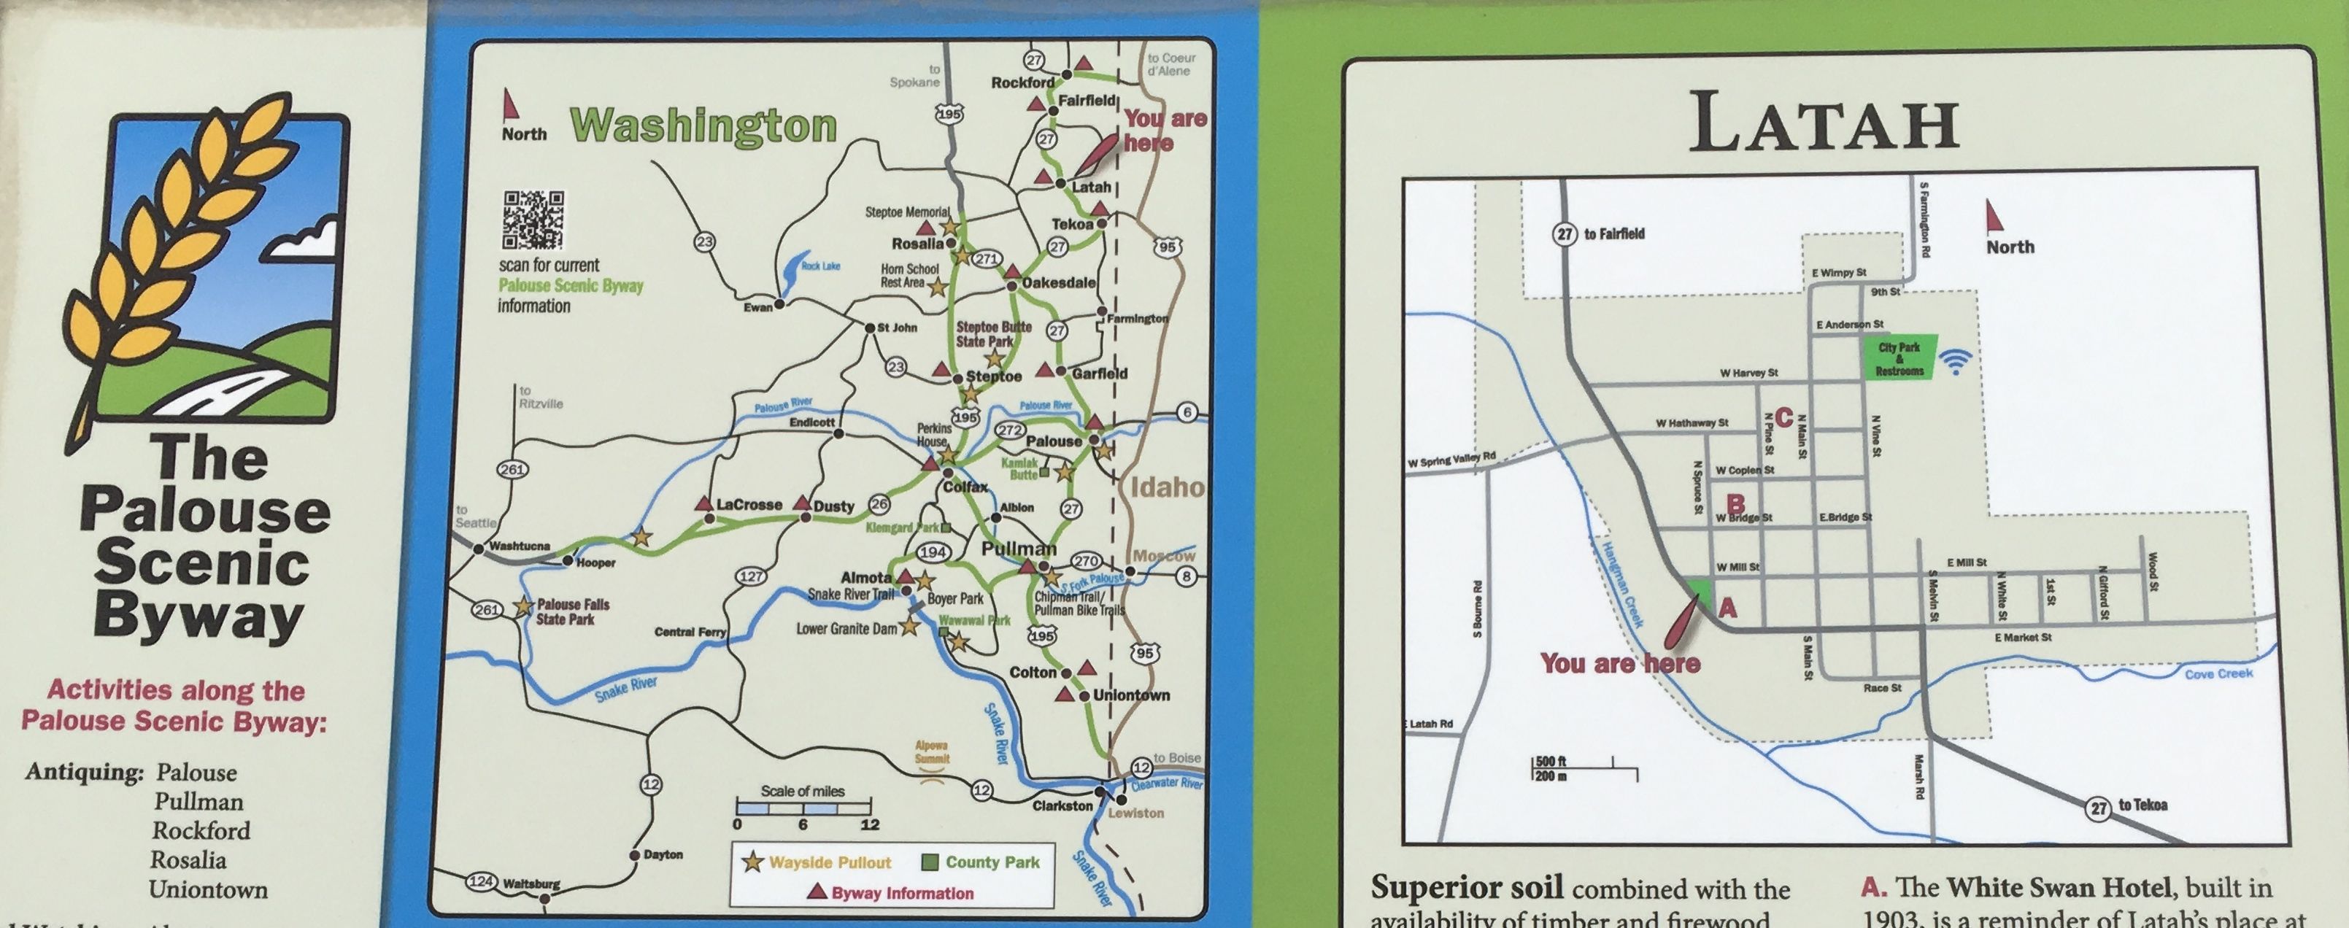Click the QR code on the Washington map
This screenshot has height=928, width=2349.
coord(533,220)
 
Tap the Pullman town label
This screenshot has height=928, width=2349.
coord(1018,549)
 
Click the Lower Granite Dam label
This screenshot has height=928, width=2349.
coord(846,629)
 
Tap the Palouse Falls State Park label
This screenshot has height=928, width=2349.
coord(572,611)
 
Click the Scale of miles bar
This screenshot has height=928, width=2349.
coord(803,807)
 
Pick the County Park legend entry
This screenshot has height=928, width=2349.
coord(981,862)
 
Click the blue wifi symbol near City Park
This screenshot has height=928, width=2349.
coord(1955,362)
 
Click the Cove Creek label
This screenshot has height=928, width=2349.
coord(2218,673)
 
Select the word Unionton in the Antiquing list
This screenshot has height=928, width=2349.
coord(208,890)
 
